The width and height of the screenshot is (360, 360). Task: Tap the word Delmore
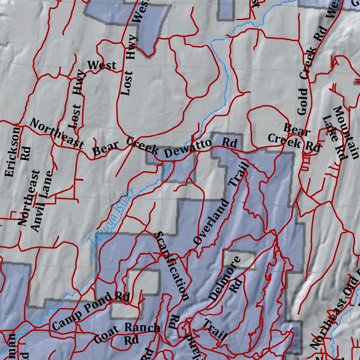click(x=225, y=278)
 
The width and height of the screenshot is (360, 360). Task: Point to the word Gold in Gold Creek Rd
click(x=302, y=102)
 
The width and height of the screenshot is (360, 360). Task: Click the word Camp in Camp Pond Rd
click(x=66, y=319)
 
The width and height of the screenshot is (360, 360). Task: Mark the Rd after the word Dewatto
click(x=230, y=143)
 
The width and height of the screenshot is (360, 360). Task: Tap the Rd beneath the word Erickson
click(x=26, y=153)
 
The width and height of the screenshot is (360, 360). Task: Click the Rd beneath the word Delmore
click(x=236, y=287)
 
